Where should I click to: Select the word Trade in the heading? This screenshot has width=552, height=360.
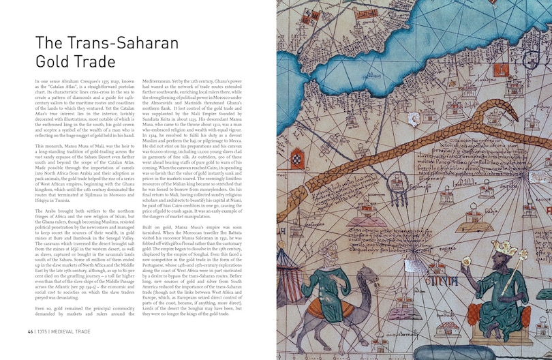[93, 63]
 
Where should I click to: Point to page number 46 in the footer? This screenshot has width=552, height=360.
[31, 332]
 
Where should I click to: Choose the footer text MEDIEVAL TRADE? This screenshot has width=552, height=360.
[74, 332]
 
